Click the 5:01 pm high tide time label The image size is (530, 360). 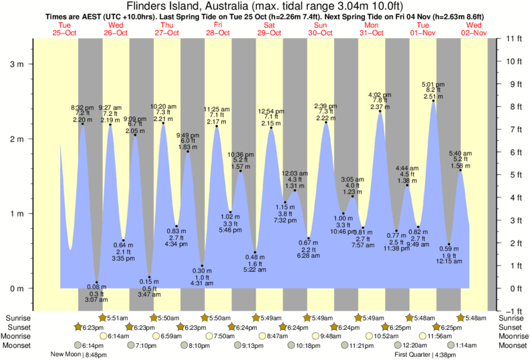pos(432,84)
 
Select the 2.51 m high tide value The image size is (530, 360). pos(432,96)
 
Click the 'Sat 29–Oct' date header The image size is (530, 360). pos(270,29)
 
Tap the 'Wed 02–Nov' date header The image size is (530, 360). pos(474,29)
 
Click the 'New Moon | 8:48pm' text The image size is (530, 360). pos(78,354)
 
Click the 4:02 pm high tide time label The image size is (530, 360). pos(380,95)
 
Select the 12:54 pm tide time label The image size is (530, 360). pos(271,110)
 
